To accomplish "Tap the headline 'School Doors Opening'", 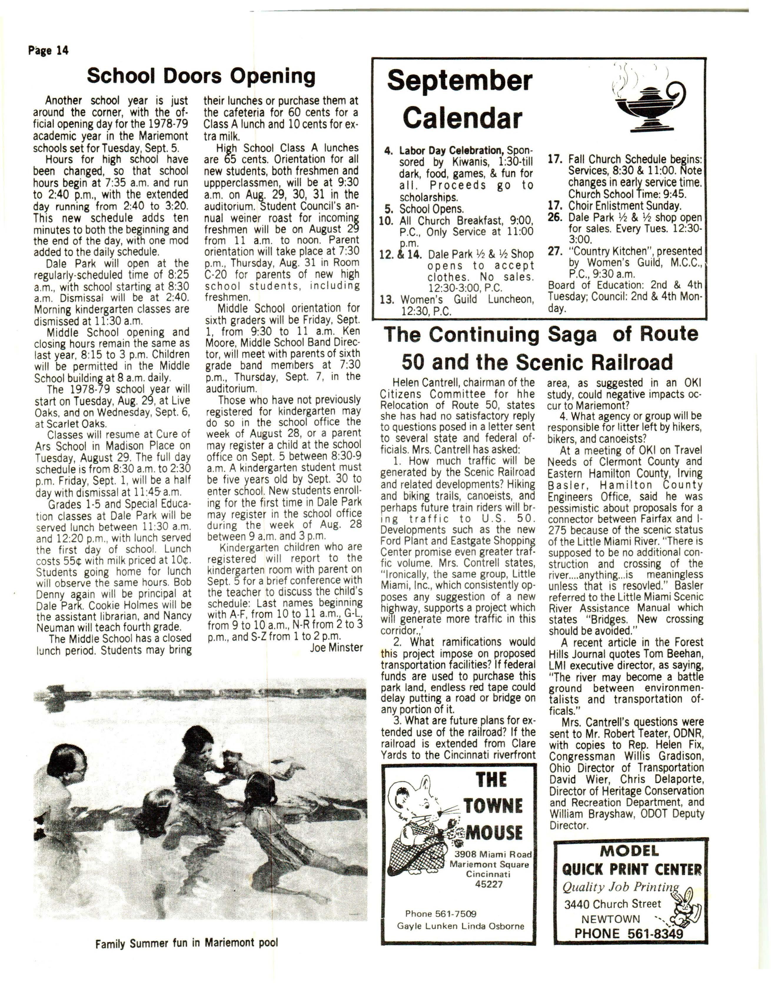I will pyautogui.click(x=201, y=76).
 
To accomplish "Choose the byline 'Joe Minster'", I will pyautogui.click(x=336, y=648).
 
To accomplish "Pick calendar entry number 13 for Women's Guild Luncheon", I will pyautogui.click(x=388, y=300).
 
